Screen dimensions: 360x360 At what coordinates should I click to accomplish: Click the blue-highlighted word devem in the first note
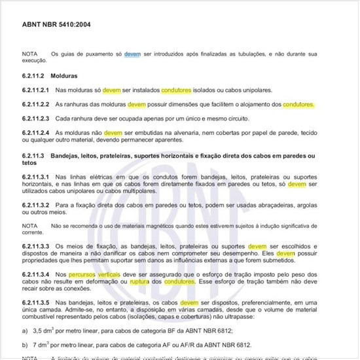pyautogui.click(x=132, y=55)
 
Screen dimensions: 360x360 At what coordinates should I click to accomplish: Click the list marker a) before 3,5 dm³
pyautogui.click(x=25, y=332)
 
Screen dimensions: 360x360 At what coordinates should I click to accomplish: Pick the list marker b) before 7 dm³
pyautogui.click(x=25, y=345)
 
